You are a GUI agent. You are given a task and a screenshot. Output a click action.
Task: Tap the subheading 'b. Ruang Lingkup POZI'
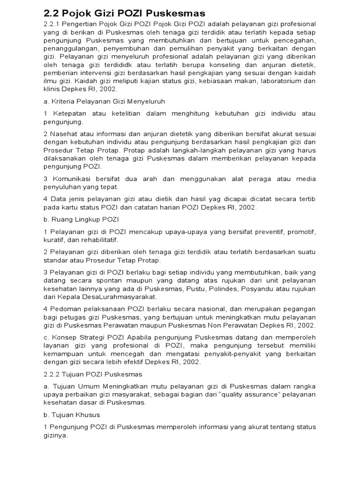(81, 219)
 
